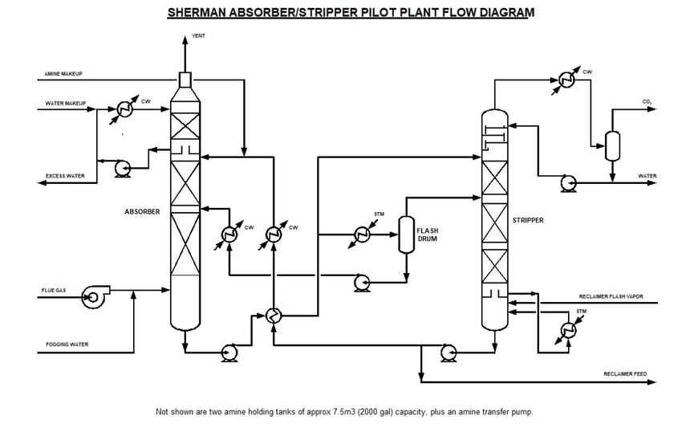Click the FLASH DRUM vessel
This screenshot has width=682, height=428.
[x=405, y=234]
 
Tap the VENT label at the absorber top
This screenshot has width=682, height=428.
[x=198, y=37]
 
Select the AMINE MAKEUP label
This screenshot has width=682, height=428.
[x=65, y=74]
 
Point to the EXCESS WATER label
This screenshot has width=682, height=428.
[x=65, y=175]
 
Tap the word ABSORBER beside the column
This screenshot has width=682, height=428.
[x=143, y=212]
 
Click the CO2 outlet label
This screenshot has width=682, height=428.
[x=647, y=102]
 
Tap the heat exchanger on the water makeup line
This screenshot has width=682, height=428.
[x=124, y=108]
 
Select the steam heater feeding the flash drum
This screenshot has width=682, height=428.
[x=361, y=234]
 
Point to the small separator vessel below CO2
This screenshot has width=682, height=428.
[x=613, y=145]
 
